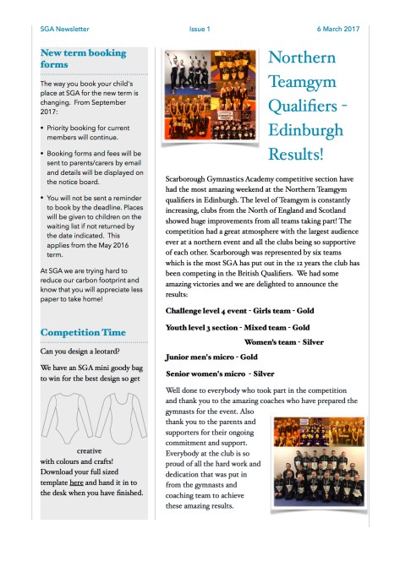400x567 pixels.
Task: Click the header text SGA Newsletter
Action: pyautogui.click(x=64, y=29)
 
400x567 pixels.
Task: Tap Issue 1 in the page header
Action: pyautogui.click(x=200, y=29)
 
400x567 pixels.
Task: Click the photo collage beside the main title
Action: pyautogui.click(x=212, y=110)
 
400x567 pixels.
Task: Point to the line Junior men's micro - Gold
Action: pyautogui.click(x=211, y=357)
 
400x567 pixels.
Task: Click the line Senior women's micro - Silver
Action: pyautogui.click(x=220, y=373)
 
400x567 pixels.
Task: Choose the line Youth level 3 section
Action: pyautogui.click(x=238, y=326)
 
